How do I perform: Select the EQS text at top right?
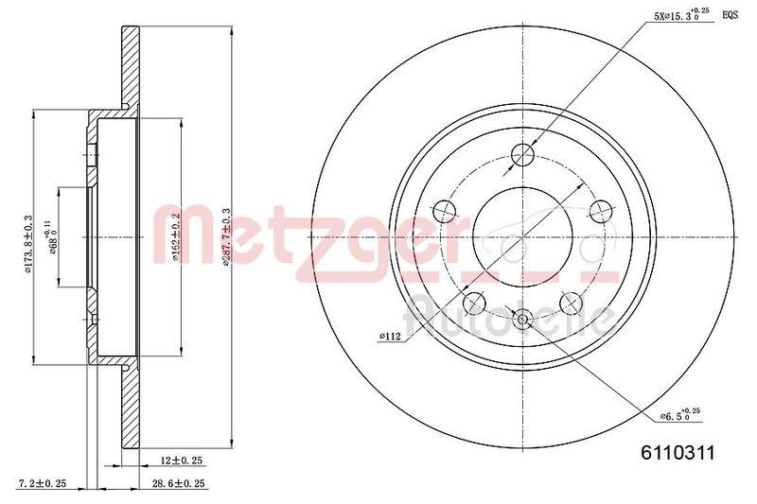[731, 14]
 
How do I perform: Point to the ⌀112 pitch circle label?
[389, 335]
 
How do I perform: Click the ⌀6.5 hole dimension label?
[682, 413]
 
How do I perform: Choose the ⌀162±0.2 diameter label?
[177, 237]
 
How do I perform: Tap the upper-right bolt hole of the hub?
[598, 211]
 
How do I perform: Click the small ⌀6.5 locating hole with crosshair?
[523, 320]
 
